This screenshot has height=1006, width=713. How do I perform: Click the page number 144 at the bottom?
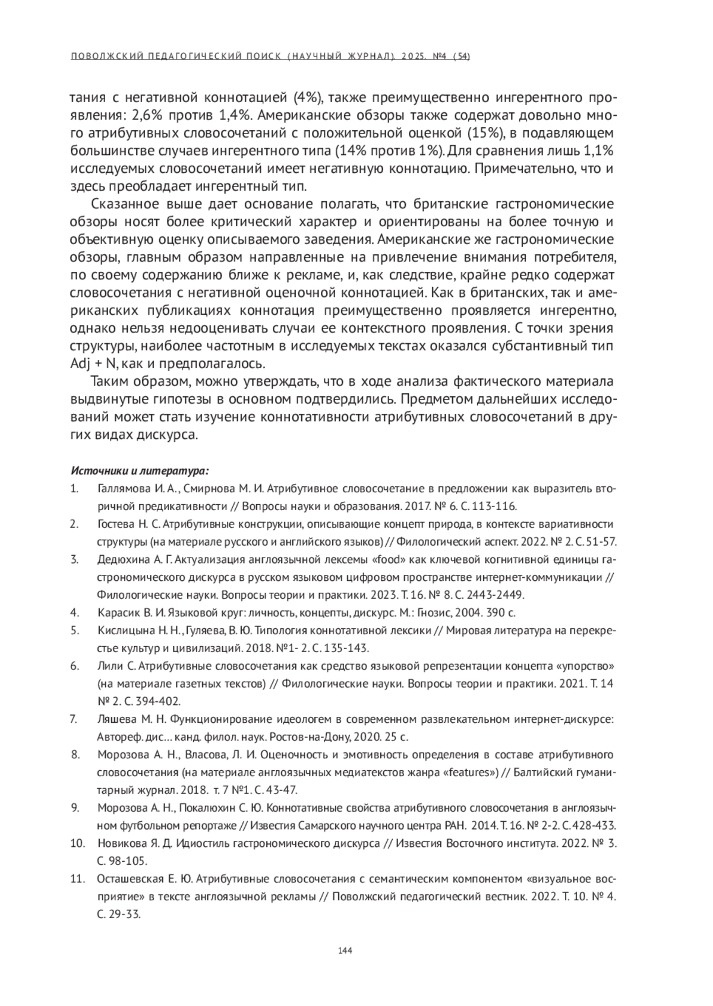point(345,951)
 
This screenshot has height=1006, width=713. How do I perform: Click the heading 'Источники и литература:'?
point(140,471)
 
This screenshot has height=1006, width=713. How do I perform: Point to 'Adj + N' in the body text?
point(93,363)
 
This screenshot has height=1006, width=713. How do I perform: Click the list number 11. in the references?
point(78,879)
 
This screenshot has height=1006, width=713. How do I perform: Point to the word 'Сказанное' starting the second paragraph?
point(125,205)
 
